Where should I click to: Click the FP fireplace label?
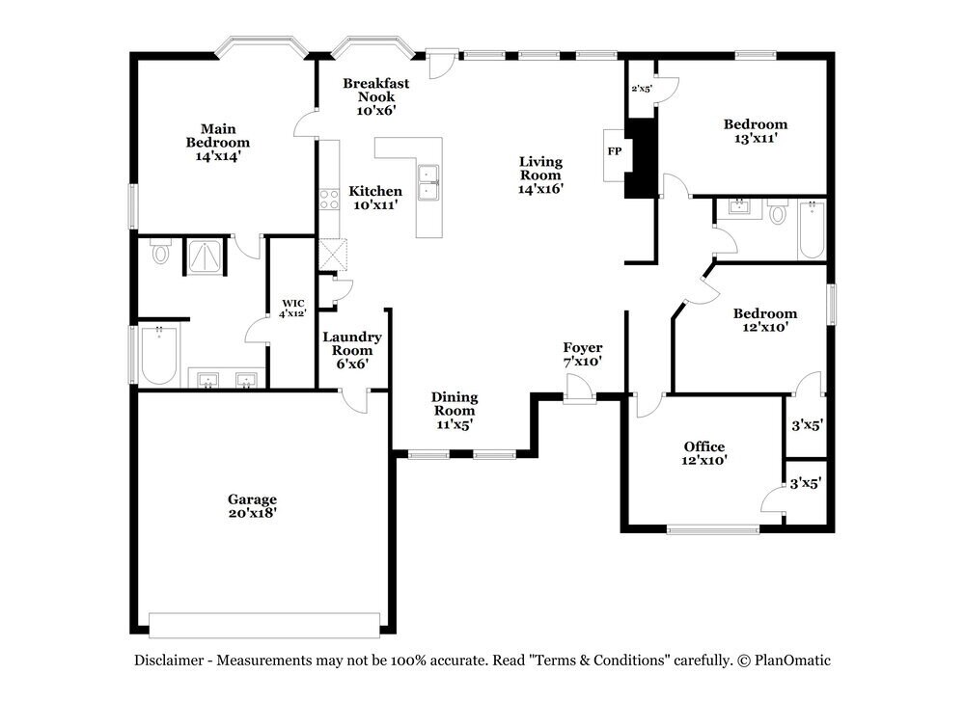[x=614, y=150]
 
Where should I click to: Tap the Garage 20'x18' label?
[x=252, y=505]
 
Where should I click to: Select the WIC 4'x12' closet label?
[x=293, y=308]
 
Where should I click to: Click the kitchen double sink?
[x=427, y=182]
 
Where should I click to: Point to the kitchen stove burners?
[x=329, y=200]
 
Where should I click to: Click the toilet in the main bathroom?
[x=160, y=252]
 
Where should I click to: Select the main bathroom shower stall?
[x=205, y=257]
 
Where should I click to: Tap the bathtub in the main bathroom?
[x=159, y=356]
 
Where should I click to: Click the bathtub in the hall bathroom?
[x=812, y=230]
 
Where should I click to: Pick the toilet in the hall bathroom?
[x=779, y=212]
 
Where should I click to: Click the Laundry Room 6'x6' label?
[x=352, y=350]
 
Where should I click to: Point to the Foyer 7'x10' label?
[x=582, y=354]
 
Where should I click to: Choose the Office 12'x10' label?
[x=704, y=453]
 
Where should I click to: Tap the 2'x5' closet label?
[x=642, y=89]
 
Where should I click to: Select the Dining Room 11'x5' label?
[x=455, y=410]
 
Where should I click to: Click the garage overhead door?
[x=264, y=625]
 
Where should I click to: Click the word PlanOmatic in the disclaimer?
[x=792, y=661]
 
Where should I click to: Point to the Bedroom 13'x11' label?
[x=756, y=131]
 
